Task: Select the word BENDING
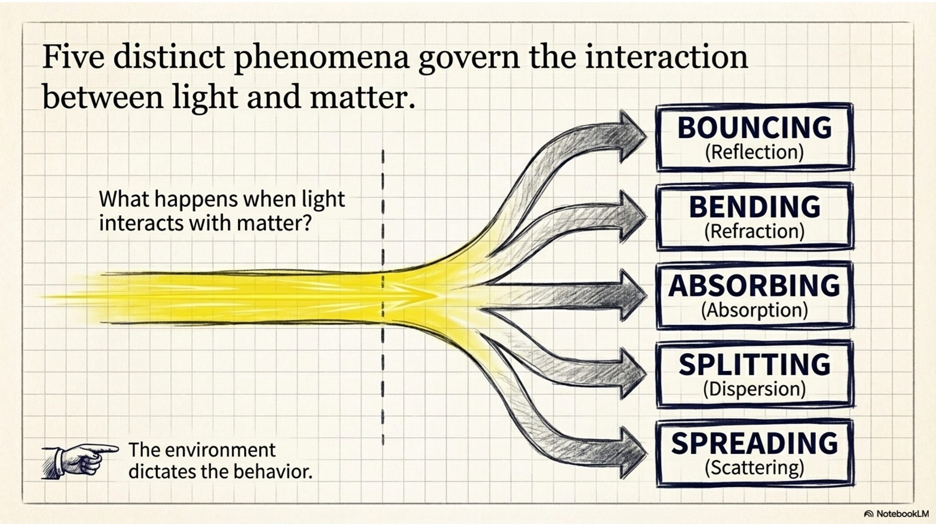[755, 207]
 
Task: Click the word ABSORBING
[754, 286]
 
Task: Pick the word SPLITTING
[755, 365]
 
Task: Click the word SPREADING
[755, 443]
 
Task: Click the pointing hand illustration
[80, 461]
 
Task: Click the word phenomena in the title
[321, 58]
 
